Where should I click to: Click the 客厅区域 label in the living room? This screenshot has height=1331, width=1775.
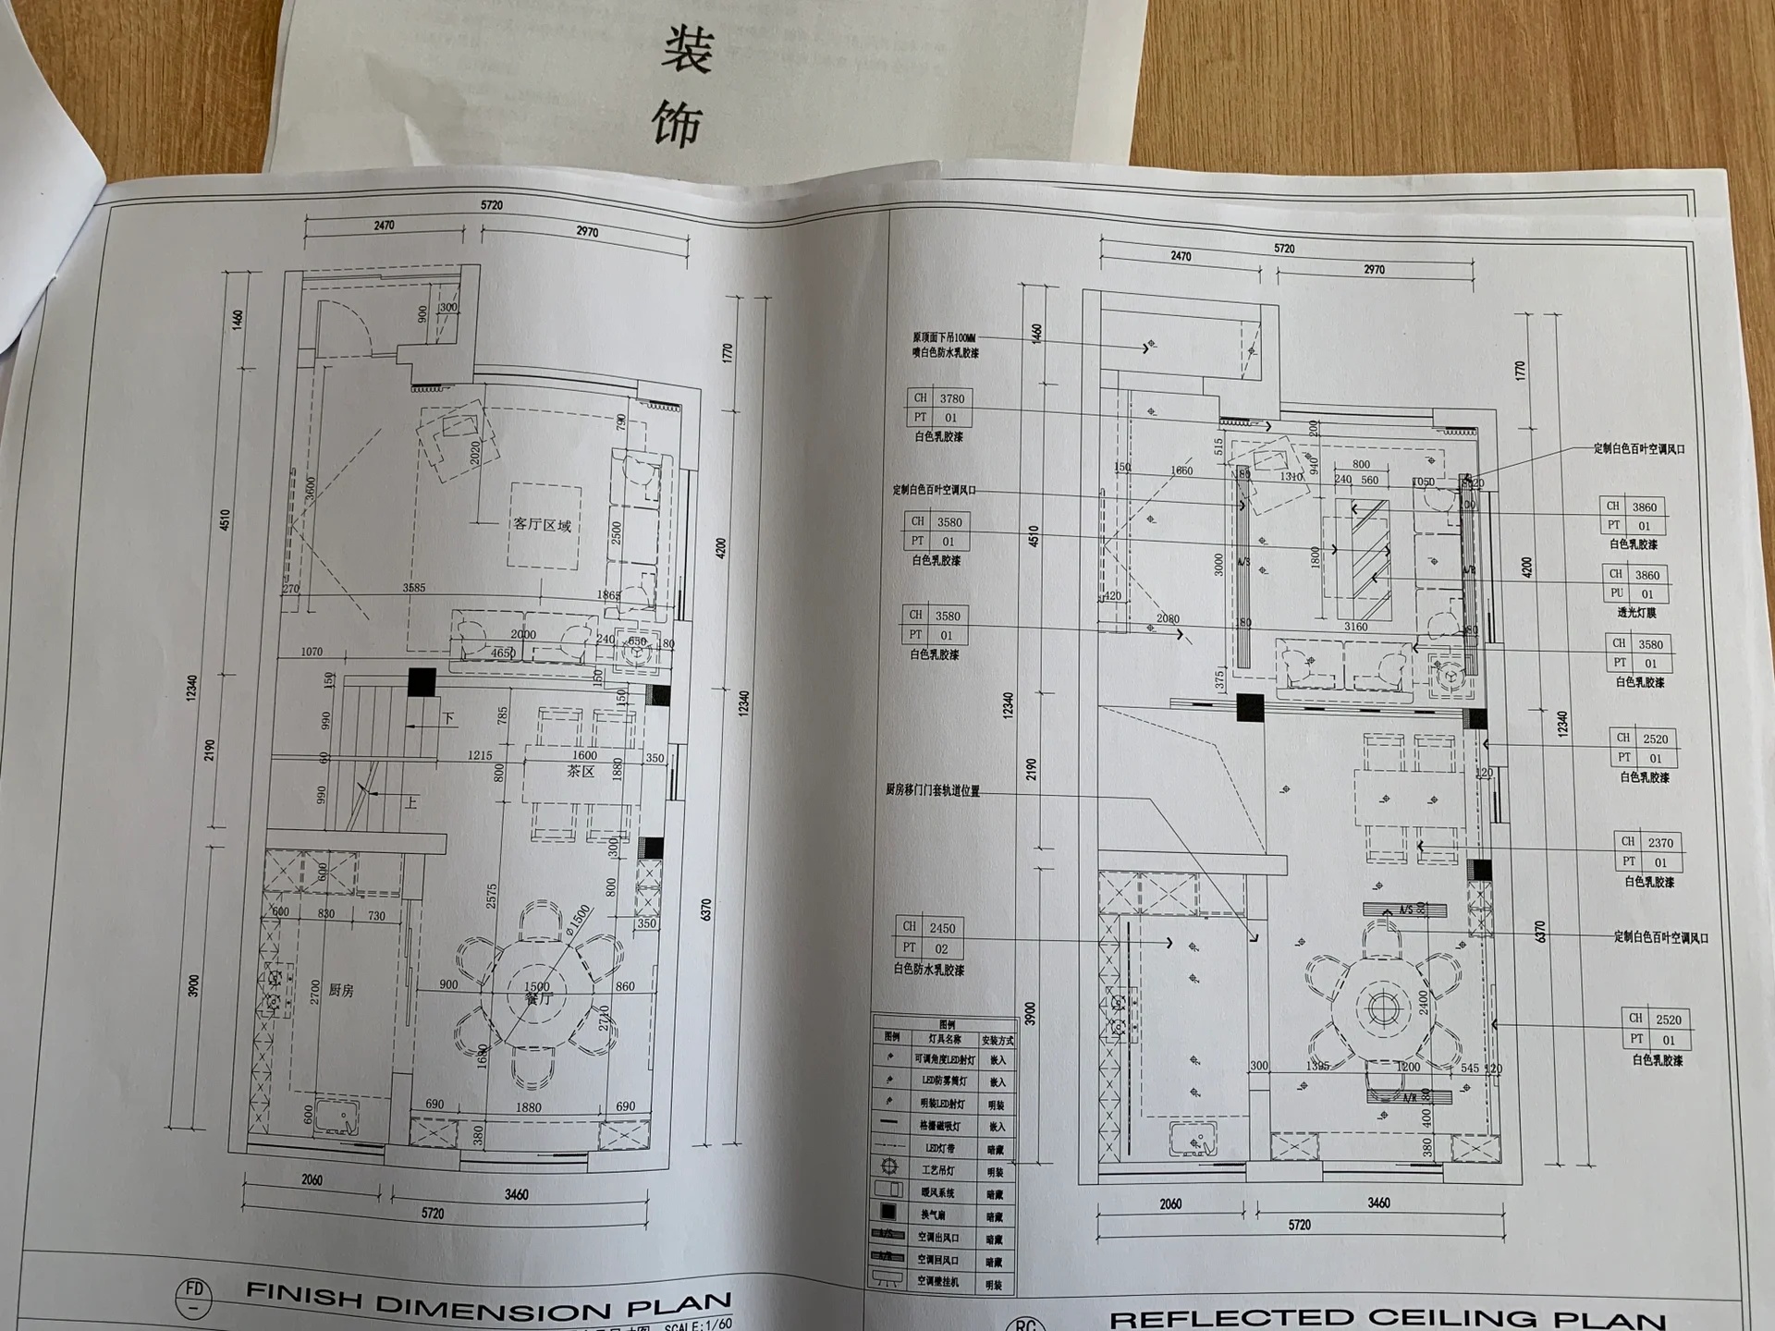[x=543, y=525]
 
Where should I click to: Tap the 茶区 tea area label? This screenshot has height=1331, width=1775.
[x=581, y=771]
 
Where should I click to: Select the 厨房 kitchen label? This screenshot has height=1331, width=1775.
[x=340, y=990]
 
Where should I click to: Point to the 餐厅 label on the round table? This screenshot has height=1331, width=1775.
[x=538, y=998]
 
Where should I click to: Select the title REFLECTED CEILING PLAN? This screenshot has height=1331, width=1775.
[x=1387, y=1318]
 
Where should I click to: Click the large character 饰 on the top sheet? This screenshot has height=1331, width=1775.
[x=678, y=124]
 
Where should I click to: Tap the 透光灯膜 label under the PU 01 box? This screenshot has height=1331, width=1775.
[x=1636, y=613]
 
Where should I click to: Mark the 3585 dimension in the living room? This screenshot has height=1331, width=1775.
[x=414, y=588]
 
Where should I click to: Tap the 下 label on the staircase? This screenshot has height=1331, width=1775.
[x=448, y=718]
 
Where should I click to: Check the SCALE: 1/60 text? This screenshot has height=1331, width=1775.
[x=698, y=1325]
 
